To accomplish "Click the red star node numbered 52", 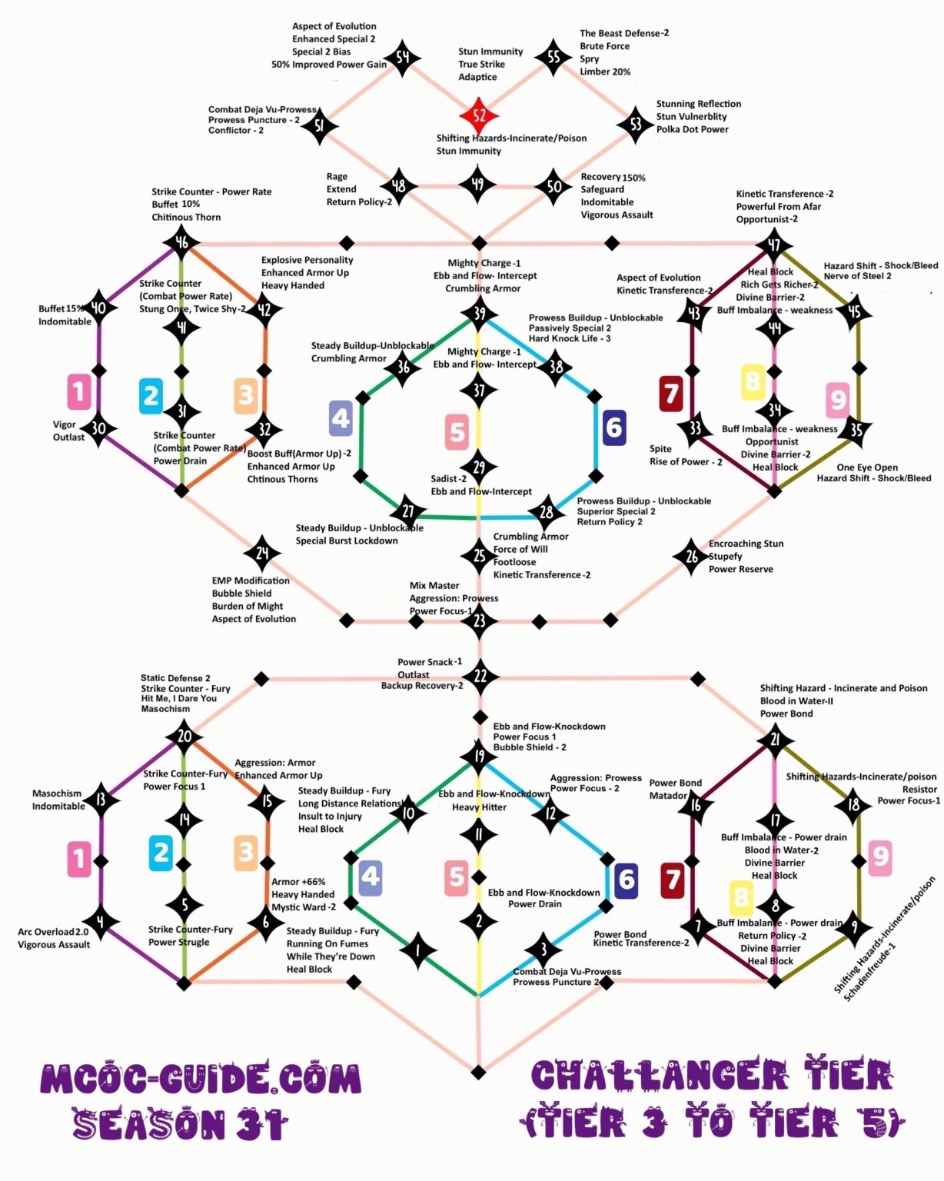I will tap(479, 115).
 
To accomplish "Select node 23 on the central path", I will tap(479, 620).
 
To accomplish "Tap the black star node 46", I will tap(181, 243).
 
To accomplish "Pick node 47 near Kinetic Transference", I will tap(773, 245).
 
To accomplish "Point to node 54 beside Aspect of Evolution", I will tap(402, 58).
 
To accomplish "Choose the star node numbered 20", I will tap(184, 736).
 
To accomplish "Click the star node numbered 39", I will tap(479, 313).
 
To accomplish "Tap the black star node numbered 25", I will tap(479, 554).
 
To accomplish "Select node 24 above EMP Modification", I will tap(262, 553).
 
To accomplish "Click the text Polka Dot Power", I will tap(692, 129).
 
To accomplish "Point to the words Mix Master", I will tap(434, 586).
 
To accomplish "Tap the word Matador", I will tap(668, 796).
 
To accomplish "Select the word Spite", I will tap(660, 449).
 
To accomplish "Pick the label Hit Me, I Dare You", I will tap(178, 699).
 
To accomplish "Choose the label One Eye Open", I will tap(867, 467).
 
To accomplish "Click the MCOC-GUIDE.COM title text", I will tap(201, 1080).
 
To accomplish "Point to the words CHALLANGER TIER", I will tap(713, 1076).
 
